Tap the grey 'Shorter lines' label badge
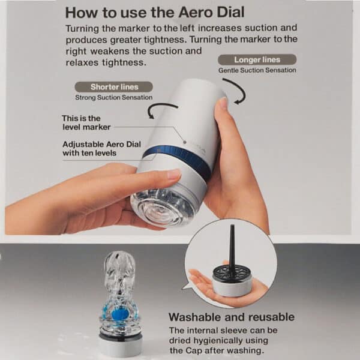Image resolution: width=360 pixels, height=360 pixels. coord(113,87)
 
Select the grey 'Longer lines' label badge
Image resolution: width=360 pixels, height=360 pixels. coord(256,59)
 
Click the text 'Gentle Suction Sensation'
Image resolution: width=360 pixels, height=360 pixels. coord(257,70)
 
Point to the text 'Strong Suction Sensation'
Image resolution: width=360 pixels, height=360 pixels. coord(113,97)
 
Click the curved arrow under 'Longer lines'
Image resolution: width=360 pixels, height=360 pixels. coord(235,91)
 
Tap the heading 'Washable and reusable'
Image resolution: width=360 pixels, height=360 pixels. coord(231,317)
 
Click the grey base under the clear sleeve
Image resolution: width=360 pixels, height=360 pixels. coord(121,345)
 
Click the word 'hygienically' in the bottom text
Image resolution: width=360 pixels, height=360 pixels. coord(212,340)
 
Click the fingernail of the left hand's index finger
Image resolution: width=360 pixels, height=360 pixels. coord(173,175)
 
